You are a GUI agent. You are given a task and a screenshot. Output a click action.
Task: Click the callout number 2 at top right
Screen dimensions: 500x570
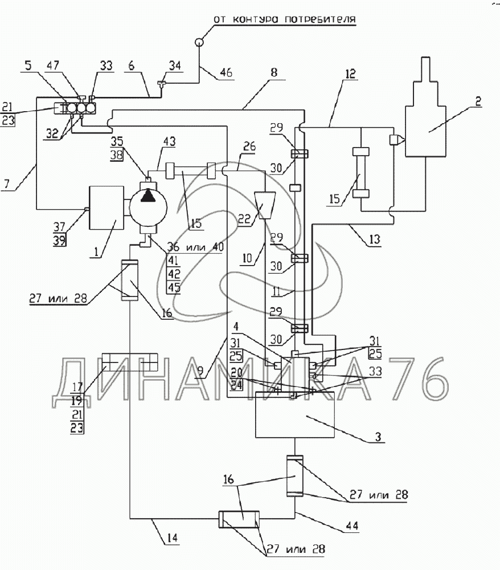click(x=478, y=101)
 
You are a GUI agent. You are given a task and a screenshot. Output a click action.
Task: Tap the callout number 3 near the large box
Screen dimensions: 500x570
click(x=378, y=436)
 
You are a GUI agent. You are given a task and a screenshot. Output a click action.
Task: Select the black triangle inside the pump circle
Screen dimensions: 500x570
click(x=148, y=196)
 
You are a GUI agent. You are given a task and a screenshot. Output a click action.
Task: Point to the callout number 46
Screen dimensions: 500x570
click(x=226, y=72)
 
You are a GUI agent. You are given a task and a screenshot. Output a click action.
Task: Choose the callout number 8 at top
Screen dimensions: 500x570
click(x=274, y=72)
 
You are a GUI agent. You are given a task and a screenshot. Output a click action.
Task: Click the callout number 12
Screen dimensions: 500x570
click(x=350, y=74)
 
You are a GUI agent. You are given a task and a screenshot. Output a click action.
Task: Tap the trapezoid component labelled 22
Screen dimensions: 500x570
click(x=264, y=206)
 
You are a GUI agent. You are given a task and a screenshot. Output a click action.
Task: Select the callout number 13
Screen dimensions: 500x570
click(x=374, y=239)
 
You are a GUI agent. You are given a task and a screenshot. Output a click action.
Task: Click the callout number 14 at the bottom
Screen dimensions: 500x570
click(x=172, y=538)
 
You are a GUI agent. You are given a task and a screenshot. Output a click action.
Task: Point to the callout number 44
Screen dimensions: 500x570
click(x=351, y=526)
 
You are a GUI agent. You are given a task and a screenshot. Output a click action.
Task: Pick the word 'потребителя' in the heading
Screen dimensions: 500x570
click(x=320, y=19)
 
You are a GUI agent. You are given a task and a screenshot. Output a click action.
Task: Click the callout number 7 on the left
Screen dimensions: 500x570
click(x=7, y=184)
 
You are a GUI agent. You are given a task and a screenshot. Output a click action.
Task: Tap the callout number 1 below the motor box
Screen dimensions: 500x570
click(x=96, y=251)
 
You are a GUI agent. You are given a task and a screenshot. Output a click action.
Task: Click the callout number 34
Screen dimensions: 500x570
click(x=175, y=66)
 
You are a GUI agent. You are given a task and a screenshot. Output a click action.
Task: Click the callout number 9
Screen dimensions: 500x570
click(x=200, y=372)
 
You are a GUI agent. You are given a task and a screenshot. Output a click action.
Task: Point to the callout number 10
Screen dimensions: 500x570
click(x=247, y=258)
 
